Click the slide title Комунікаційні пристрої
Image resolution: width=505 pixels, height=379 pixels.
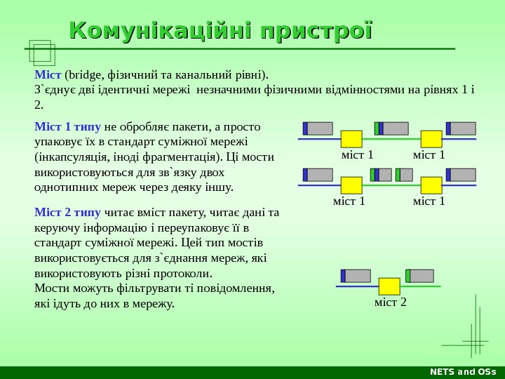220,32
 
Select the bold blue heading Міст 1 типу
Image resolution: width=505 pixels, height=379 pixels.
67,127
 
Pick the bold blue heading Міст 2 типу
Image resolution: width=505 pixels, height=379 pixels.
67,213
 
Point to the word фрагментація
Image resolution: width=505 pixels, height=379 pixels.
184,157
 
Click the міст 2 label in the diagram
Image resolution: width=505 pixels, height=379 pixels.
391,302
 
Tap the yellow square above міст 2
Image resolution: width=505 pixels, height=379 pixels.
389,286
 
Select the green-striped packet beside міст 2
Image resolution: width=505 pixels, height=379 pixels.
420,276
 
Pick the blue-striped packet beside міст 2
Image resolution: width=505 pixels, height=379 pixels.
356,276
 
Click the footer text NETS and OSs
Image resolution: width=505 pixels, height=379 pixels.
462,372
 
